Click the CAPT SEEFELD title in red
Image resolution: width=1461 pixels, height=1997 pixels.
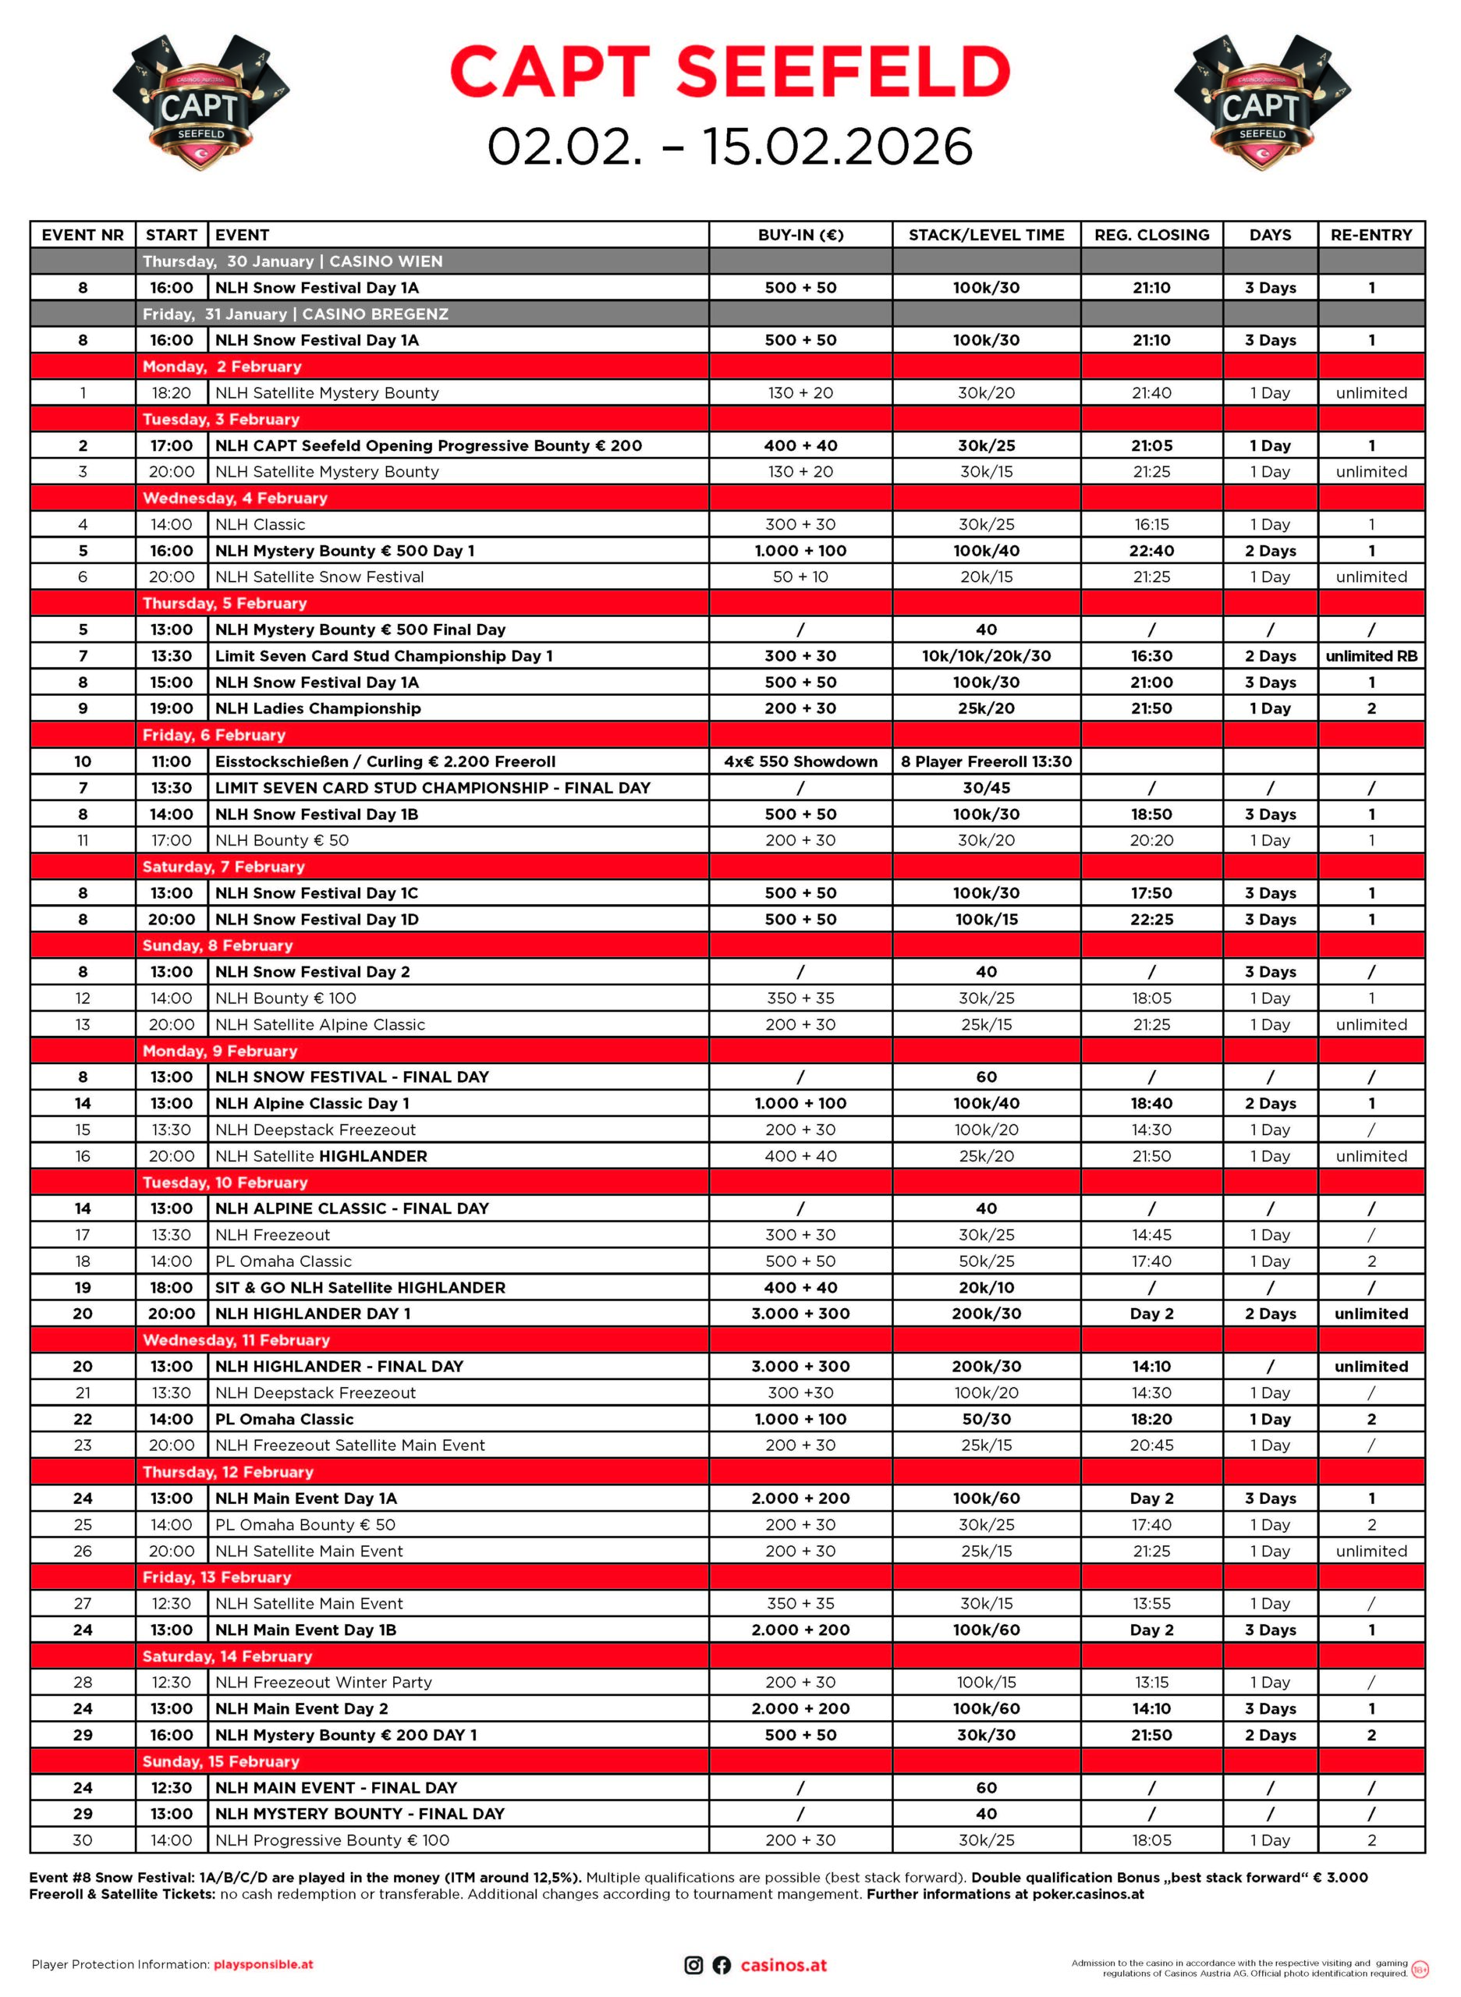click(729, 72)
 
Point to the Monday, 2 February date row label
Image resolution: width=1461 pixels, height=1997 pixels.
click(222, 366)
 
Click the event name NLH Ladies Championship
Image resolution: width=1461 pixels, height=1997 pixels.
click(317, 708)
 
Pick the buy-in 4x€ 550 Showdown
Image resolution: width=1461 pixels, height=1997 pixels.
click(800, 761)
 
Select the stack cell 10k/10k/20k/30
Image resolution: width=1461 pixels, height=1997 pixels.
click(986, 656)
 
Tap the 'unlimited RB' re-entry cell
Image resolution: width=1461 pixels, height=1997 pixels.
click(1371, 656)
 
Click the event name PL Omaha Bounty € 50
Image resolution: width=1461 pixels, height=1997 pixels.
click(305, 1525)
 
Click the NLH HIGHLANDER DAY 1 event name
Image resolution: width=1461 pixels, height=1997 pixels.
click(313, 1314)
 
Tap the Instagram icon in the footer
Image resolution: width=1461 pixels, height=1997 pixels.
click(693, 1965)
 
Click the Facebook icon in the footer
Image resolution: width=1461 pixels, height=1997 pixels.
click(722, 1965)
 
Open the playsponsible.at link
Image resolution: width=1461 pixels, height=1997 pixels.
click(264, 1965)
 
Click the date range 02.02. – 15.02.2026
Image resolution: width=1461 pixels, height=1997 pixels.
click(729, 147)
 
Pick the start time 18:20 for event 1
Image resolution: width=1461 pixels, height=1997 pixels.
click(171, 392)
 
